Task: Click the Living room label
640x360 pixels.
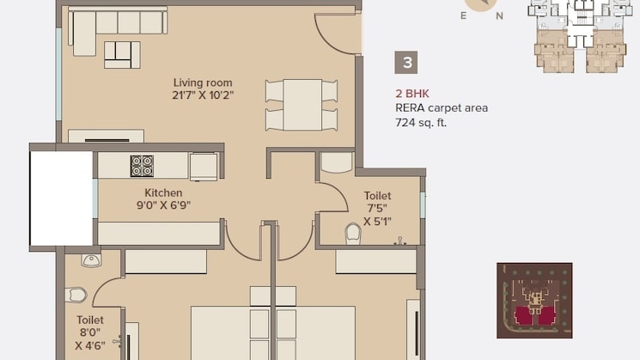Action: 202,82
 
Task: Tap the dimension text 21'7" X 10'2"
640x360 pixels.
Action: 202,95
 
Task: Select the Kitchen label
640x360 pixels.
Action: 162,192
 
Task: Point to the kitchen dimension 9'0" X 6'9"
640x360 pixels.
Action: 162,205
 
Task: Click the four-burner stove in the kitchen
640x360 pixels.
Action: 142,166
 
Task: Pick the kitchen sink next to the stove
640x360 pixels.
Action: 204,166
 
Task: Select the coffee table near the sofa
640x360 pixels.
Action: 122,54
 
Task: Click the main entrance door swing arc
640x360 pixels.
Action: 337,35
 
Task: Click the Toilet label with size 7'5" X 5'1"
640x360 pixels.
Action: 377,196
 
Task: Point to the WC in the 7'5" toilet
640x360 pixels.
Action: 352,234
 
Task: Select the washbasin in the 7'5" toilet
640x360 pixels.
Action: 336,162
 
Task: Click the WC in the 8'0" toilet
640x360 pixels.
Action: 76,295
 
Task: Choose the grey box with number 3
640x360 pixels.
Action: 407,63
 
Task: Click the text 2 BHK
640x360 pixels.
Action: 411,93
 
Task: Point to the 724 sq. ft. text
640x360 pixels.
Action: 421,123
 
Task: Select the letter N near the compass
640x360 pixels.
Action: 499,15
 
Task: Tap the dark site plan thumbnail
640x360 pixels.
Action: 534,300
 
